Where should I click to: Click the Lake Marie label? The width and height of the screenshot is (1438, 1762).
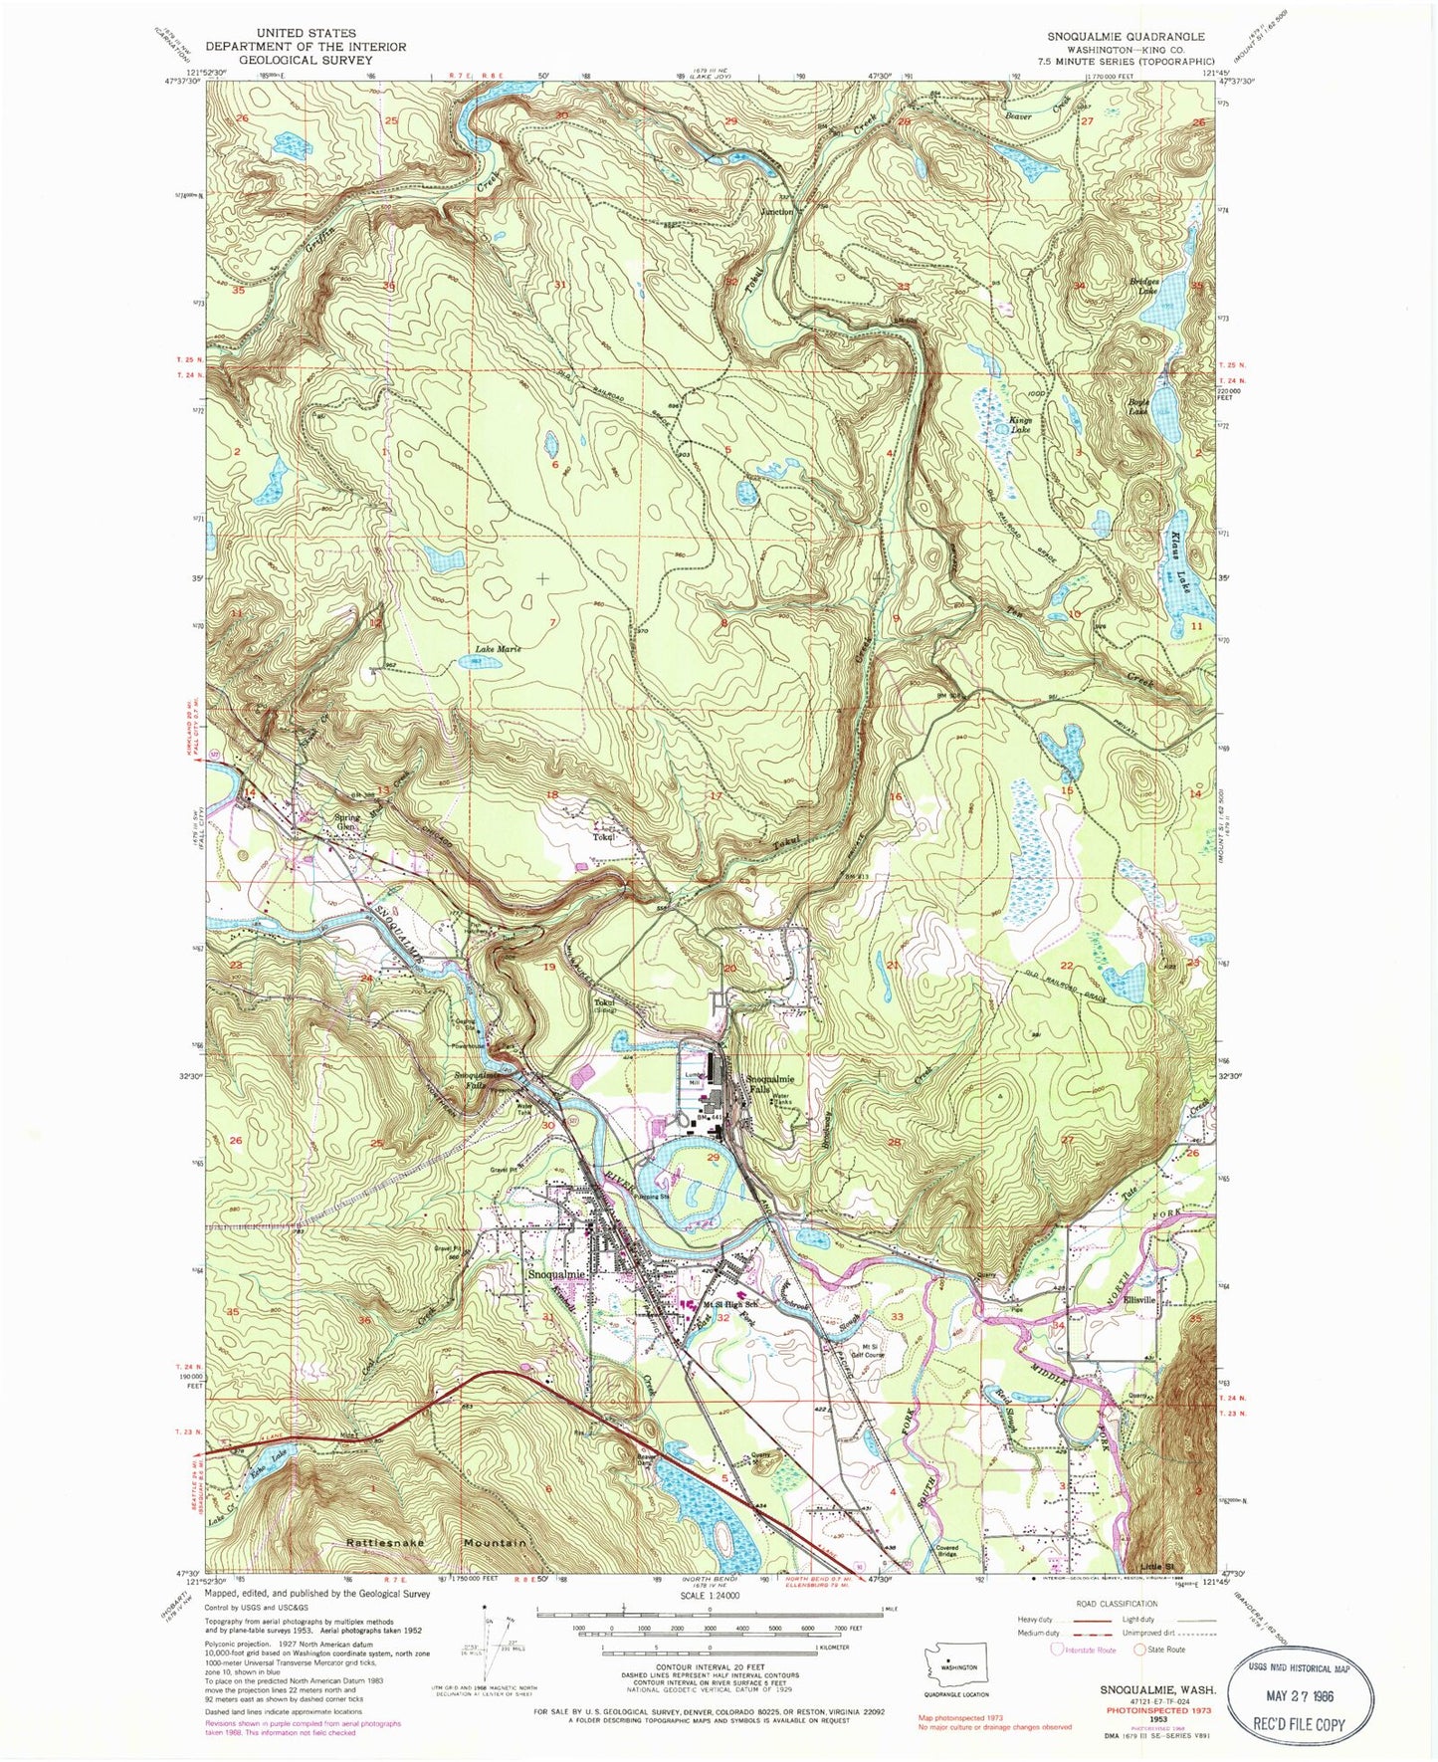coord(496,649)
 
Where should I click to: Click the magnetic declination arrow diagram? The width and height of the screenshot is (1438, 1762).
coord(485,1652)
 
